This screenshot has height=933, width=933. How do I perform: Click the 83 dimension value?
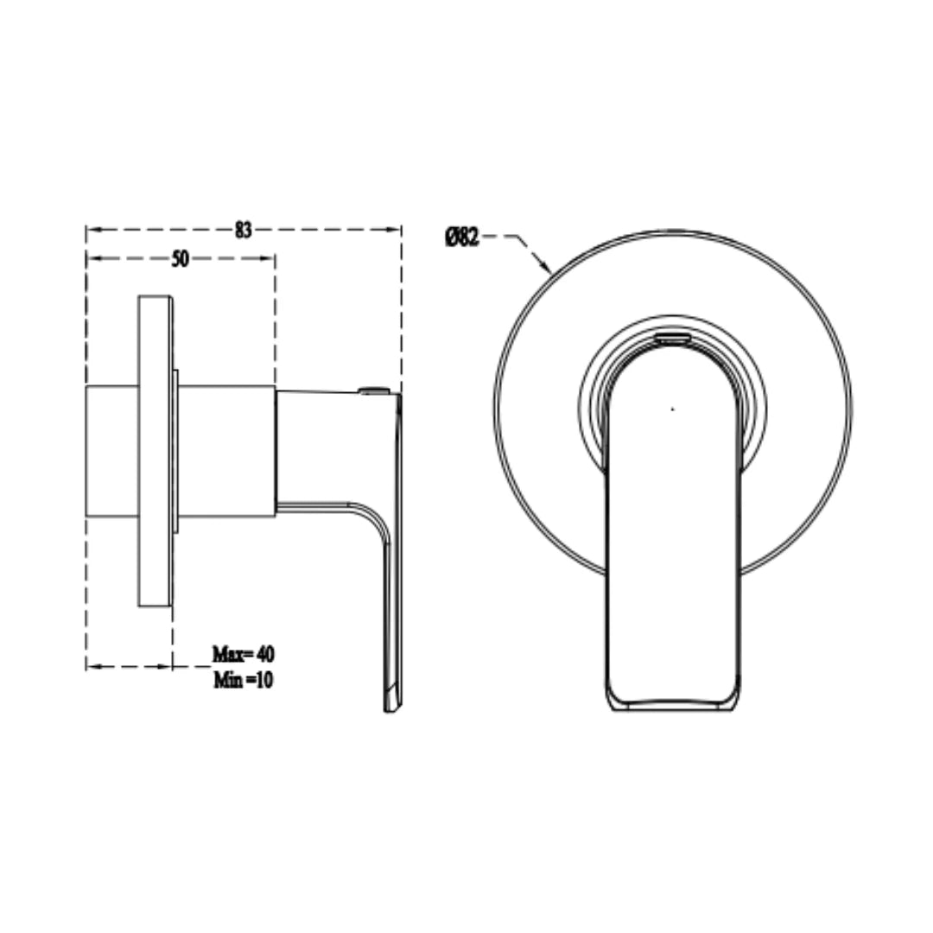coord(244,230)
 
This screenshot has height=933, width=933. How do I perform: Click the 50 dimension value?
coord(180,258)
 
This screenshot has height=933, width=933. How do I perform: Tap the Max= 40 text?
coord(243,652)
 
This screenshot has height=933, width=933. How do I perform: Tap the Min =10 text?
coord(243,680)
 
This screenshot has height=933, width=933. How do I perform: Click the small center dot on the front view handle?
coord(673,408)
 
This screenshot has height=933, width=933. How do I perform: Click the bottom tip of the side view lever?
coord(391,707)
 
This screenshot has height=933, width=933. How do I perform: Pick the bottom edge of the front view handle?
coord(673,708)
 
